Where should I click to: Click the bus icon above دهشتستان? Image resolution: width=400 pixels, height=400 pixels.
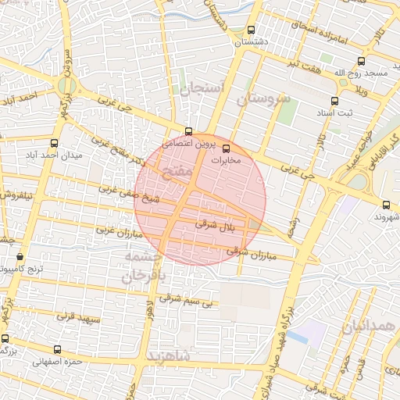[251, 30]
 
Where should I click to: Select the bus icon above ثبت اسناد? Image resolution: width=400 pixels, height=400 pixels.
[335, 101]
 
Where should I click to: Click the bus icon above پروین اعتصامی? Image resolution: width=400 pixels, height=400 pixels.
[188, 131]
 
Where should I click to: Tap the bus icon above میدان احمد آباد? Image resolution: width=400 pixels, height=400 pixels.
[54, 143]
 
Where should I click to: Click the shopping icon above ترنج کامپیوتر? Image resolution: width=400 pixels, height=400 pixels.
[20, 256]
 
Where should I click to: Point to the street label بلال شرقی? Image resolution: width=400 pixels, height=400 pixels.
[216, 225]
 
